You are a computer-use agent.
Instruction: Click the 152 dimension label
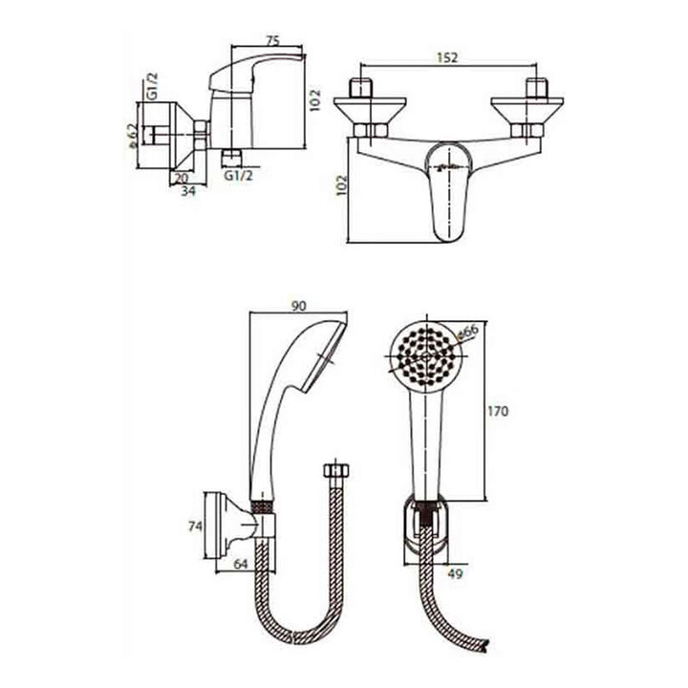click(446, 57)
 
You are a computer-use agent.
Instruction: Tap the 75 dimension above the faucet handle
click(272, 41)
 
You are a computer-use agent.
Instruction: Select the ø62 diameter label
click(132, 136)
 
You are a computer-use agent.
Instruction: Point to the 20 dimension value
click(181, 178)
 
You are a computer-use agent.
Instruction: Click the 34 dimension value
click(188, 192)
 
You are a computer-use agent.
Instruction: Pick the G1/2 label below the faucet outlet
click(239, 176)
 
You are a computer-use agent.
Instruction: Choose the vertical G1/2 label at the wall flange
click(152, 86)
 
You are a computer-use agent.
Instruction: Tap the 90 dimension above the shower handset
click(298, 307)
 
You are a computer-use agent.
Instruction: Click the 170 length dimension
click(498, 411)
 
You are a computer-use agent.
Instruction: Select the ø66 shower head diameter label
click(467, 332)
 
